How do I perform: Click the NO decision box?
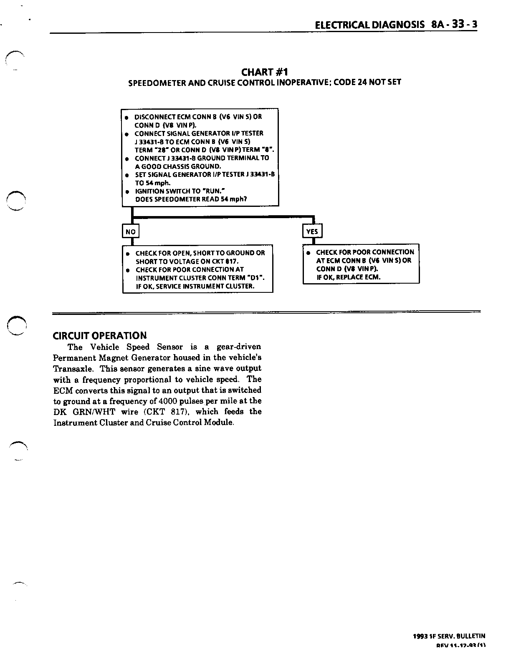(130, 231)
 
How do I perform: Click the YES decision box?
(312, 231)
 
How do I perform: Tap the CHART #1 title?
(265, 72)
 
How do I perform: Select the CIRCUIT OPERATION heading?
(100, 336)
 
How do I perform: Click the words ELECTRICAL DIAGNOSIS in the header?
(370, 25)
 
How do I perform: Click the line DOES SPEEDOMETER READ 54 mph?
(191, 199)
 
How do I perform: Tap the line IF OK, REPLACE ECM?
(348, 277)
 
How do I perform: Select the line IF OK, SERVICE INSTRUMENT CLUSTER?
(195, 286)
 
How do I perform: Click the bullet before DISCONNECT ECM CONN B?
(126, 118)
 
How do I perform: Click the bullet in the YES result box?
(308, 253)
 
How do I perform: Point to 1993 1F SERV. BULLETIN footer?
(449, 636)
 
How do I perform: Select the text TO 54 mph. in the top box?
(152, 183)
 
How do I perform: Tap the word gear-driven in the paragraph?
(239, 347)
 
